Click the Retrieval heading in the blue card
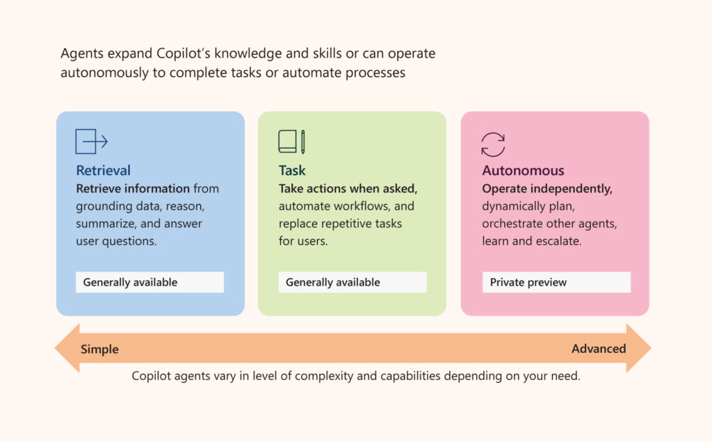coord(103,170)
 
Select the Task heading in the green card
coord(292,170)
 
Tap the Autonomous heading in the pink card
coord(523,170)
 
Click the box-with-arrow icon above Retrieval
coord(91,142)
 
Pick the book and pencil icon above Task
coord(291,142)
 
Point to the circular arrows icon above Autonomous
coord(493,145)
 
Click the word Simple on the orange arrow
coord(99,349)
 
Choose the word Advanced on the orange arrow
coord(599,348)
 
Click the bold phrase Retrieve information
coord(133,188)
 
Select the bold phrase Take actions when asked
coord(348,188)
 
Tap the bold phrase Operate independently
coord(547,188)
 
